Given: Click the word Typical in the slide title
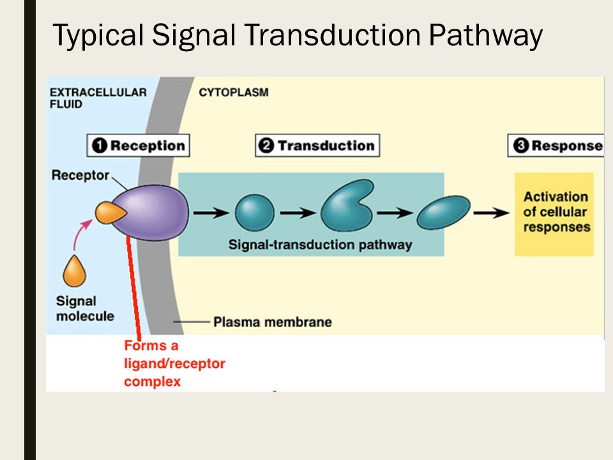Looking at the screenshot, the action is tap(98, 36).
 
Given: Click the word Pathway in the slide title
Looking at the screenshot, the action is tap(485, 36).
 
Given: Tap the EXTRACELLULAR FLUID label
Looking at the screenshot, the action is tap(98, 98).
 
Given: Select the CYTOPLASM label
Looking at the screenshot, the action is tap(234, 92).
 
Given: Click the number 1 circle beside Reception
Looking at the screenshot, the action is tap(100, 146).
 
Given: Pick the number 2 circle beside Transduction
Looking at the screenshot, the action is tap(266, 146).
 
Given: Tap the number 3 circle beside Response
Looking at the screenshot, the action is tap(521, 146).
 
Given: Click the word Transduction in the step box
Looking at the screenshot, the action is tap(326, 146).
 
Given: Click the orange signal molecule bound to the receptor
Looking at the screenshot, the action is tap(110, 213).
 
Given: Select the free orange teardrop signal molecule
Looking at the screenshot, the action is tap(74, 271).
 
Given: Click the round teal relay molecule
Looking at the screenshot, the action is tap(255, 213).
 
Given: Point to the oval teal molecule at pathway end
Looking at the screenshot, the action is tap(444, 212).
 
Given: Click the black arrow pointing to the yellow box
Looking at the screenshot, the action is tap(492, 213).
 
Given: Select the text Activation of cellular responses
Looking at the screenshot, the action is tap(556, 211).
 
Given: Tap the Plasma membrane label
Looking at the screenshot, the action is tap(273, 322).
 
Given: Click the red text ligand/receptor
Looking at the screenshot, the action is tap(174, 364).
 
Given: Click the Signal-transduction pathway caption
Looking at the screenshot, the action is tap(320, 245).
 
